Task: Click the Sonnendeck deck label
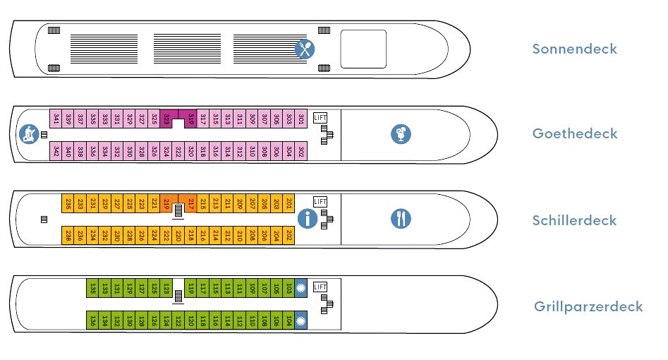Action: click(574, 49)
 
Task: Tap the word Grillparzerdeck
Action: click(588, 306)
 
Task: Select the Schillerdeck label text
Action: click(574, 220)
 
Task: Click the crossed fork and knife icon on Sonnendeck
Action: click(305, 49)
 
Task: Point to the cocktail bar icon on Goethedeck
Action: click(401, 134)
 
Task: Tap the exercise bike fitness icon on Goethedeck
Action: click(28, 133)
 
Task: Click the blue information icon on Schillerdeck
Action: click(307, 219)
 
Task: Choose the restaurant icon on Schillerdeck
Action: click(401, 219)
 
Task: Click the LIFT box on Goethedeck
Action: click(321, 117)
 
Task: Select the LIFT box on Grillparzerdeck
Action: click(321, 287)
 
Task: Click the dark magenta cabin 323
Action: click(166, 119)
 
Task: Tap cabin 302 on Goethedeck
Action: click(300, 151)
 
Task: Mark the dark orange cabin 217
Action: click(190, 203)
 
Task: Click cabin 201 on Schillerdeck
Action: click(289, 203)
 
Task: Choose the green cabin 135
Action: click(92, 288)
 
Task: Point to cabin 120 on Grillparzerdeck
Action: click(190, 320)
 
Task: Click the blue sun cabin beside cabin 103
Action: click(300, 288)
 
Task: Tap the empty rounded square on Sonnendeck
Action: click(363, 49)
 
